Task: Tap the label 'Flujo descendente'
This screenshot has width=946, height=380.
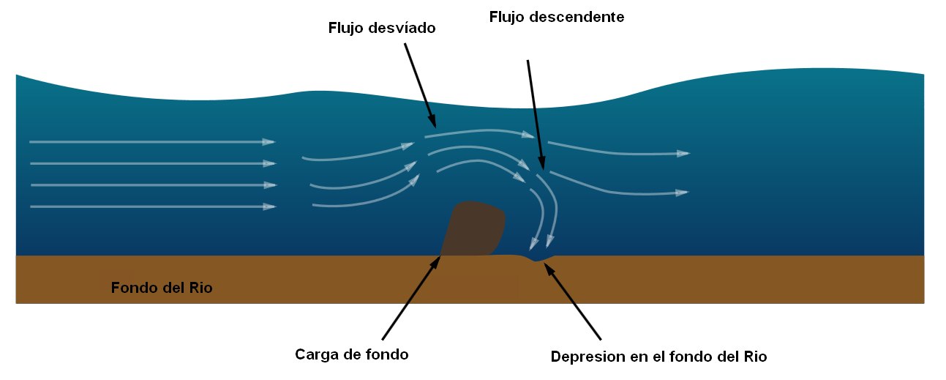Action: pos(556,17)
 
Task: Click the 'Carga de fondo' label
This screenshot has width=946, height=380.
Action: pos(351,355)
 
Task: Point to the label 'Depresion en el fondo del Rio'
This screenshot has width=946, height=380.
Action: pos(658,357)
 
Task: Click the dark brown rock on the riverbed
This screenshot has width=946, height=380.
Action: pos(476,228)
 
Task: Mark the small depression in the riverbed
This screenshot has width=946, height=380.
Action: pos(539,258)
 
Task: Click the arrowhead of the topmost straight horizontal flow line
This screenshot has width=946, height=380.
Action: pos(269,141)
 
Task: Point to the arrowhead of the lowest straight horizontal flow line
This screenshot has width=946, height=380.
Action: pos(269,207)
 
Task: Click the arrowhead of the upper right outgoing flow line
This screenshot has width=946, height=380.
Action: pos(683,154)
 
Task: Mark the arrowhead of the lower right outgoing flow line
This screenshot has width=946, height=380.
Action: pos(682,193)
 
